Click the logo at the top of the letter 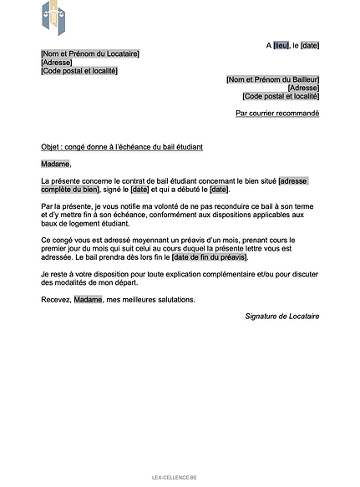coord(57,18)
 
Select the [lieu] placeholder coord(281,45)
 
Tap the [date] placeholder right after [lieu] coord(310,45)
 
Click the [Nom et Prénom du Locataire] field coord(90,54)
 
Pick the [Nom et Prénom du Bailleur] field coord(273,79)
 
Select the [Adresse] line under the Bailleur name coord(303,88)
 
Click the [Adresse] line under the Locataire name coord(57,63)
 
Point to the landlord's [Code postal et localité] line coord(281,96)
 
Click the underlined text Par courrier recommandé coord(277,113)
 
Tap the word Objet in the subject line coord(50,147)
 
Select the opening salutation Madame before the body coord(56,164)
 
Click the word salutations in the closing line coord(173,299)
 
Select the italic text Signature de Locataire coord(282,316)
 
